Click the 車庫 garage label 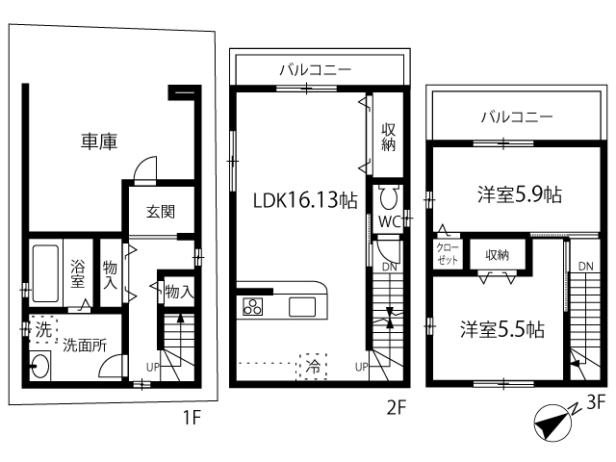[99, 141]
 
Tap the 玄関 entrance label [161, 212]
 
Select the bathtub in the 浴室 [45, 273]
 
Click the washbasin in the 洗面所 [40, 366]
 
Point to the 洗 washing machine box [43, 329]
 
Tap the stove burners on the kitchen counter [252, 306]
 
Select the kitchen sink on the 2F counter [302, 307]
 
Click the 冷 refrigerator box [313, 367]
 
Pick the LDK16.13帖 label [305, 200]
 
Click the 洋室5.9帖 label [520, 194]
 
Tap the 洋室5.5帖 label [502, 329]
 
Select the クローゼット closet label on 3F [448, 254]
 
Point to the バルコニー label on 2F [315, 70]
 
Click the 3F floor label [595, 403]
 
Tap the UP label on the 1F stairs [153, 368]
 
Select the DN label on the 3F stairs [586, 267]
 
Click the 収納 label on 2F [388, 137]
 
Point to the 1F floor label [192, 418]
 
